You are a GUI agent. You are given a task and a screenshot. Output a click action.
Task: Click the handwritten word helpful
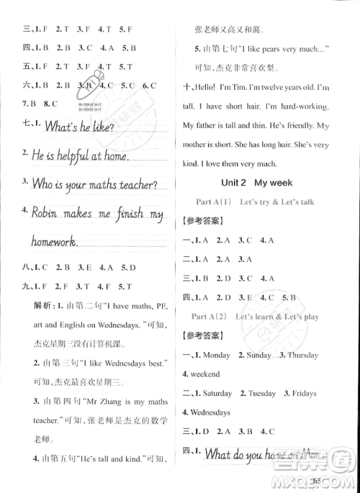click(x=71, y=155)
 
